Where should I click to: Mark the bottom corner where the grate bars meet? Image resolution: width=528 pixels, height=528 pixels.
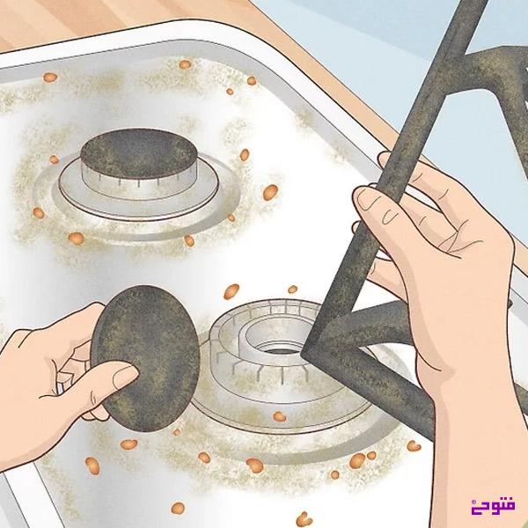307,354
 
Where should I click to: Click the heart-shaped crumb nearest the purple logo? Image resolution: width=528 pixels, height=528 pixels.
304,517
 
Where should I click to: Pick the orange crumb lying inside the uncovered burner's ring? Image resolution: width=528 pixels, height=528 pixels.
279,416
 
